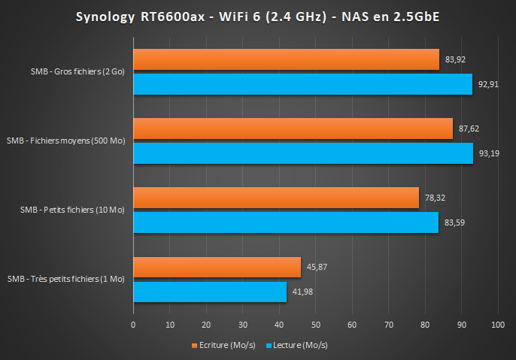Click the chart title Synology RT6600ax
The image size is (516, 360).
point(257,17)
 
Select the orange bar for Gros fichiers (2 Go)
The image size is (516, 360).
point(286,59)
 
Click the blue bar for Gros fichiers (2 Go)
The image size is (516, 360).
point(302,84)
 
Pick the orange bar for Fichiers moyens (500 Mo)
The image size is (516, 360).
point(293,129)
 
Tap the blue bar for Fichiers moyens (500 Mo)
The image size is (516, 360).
point(303,153)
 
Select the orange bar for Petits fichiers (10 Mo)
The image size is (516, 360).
point(276,198)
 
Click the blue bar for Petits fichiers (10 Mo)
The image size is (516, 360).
point(286,222)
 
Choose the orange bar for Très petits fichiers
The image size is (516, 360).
point(217,267)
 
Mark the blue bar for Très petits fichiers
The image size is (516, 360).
point(210,292)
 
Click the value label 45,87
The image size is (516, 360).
point(315,267)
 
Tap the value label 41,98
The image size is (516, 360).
point(302,292)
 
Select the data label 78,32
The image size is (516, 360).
point(434,198)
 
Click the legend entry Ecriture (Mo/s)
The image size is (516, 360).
point(225,346)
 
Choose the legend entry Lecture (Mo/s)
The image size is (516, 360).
point(299,346)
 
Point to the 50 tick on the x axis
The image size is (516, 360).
point(315,325)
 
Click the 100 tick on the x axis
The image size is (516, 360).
point(497,325)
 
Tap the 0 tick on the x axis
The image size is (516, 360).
point(133,325)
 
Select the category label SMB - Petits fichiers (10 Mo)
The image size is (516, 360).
point(72,210)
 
